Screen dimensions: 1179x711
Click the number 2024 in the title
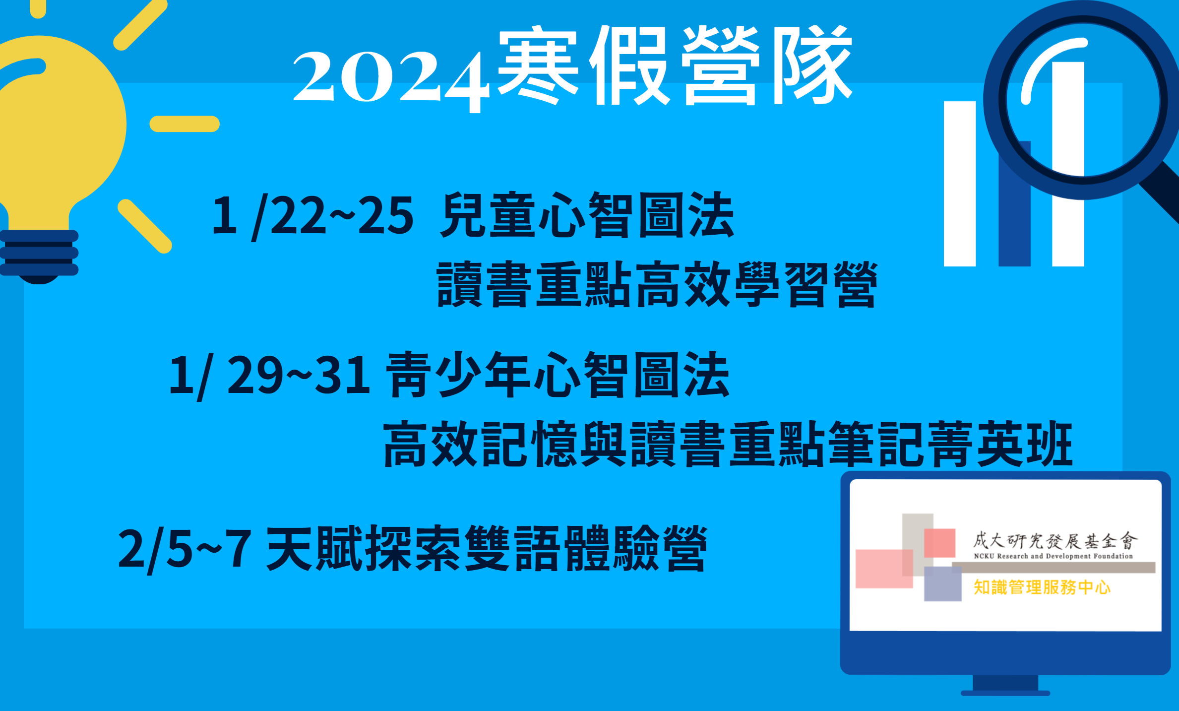coord(391,79)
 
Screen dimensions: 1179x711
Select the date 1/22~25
coord(312,216)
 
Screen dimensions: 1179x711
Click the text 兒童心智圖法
coord(587,215)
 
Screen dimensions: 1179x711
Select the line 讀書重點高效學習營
coord(657,284)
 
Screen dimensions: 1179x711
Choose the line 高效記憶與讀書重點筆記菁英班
coord(728,444)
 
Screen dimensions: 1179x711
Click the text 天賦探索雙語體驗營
coord(487,549)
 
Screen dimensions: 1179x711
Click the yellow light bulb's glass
coord(60,124)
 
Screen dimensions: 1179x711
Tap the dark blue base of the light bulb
coord(39,256)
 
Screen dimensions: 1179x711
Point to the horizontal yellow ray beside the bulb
coord(185,124)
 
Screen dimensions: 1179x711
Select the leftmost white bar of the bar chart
coord(960,184)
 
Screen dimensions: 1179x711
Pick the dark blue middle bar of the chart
coord(1015,208)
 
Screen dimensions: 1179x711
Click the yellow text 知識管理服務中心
coord(1042,587)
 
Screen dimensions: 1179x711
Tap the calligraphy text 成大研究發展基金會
coord(1055,541)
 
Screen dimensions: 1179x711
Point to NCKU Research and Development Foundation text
coord(1054,556)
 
